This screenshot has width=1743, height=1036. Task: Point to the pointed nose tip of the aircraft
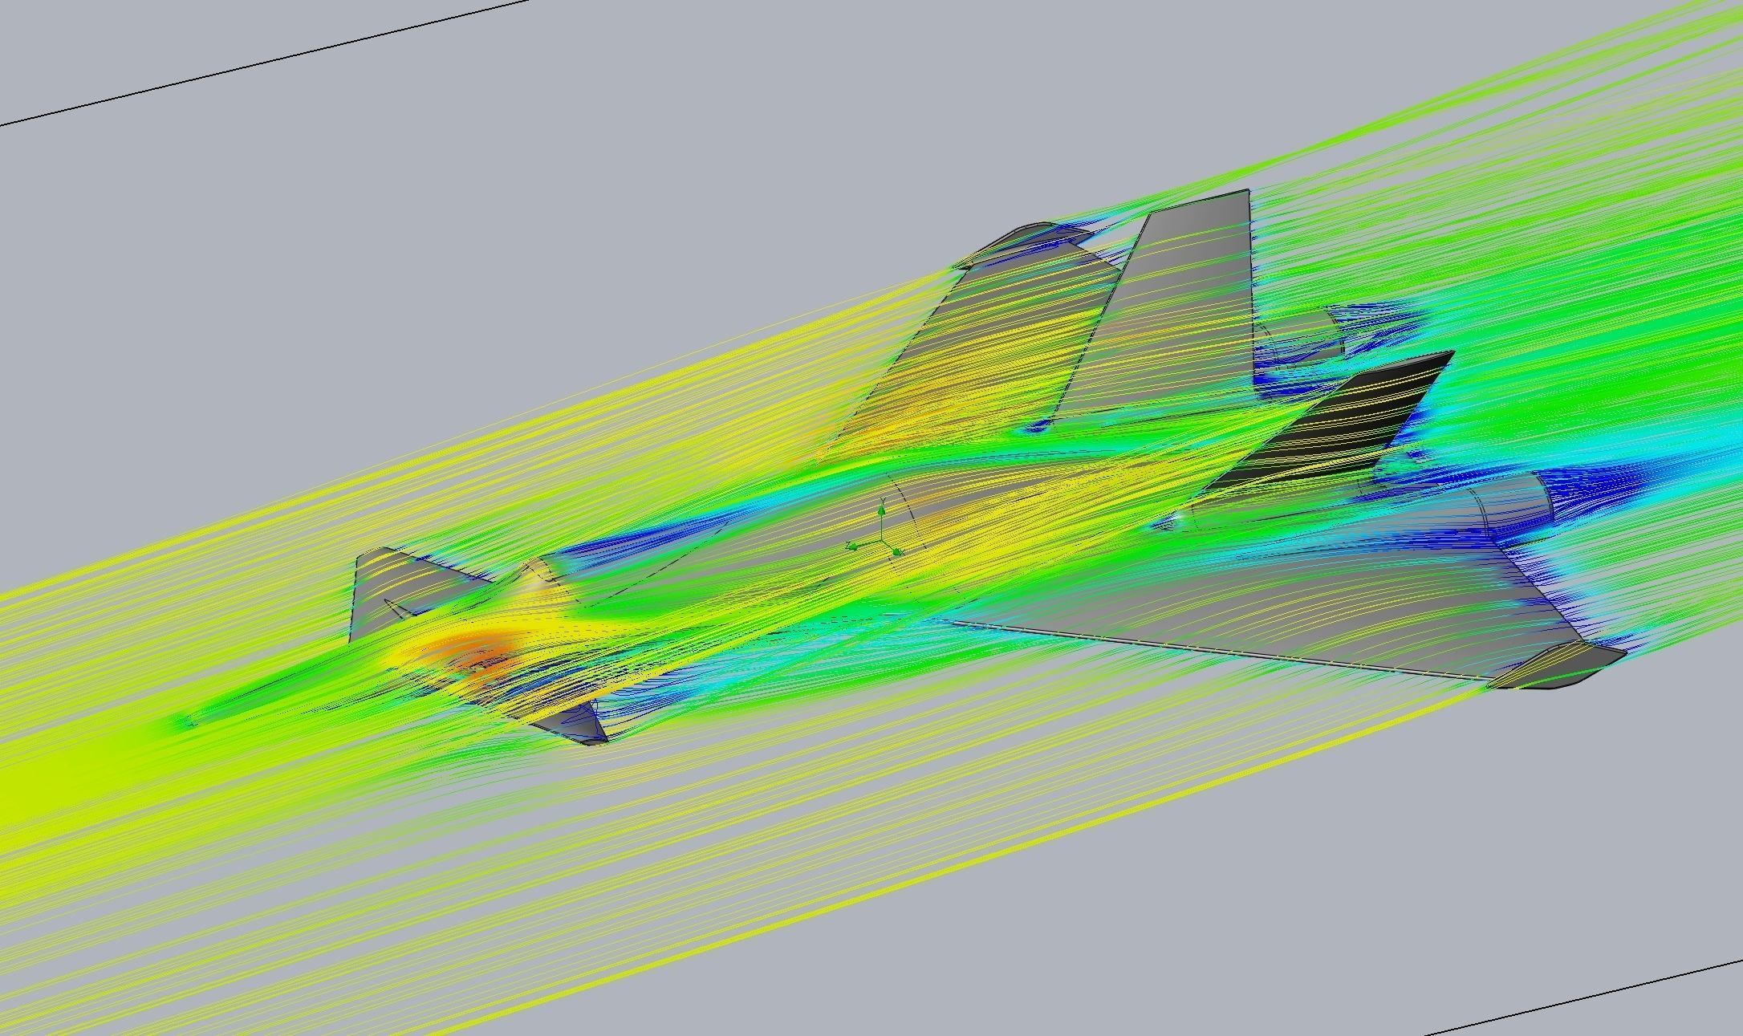click(x=189, y=722)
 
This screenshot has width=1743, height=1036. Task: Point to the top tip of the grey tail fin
click(x=1246, y=193)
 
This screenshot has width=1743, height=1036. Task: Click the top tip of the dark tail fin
click(x=1451, y=354)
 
